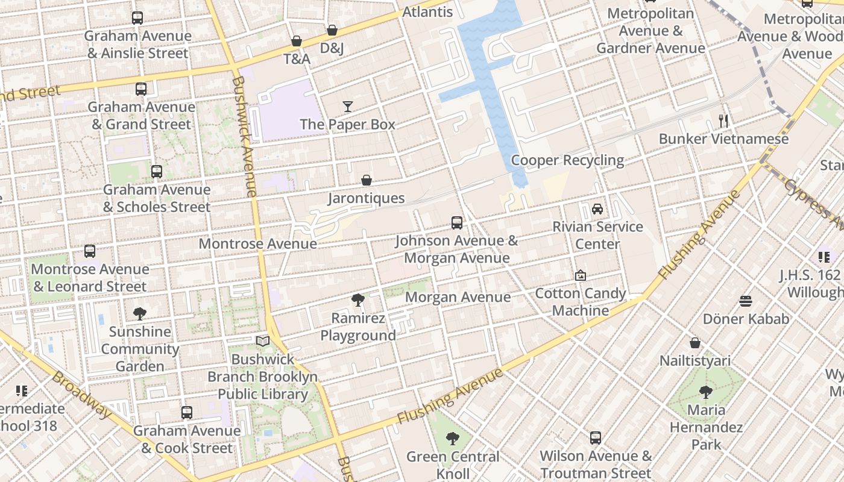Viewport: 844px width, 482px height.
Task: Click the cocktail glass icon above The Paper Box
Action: tap(348, 107)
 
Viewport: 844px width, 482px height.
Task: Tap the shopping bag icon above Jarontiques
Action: tap(366, 180)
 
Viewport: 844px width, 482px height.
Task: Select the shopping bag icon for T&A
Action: tap(296, 41)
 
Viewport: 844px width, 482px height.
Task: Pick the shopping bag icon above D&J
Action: tap(332, 30)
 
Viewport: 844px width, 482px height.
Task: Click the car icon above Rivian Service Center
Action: tap(597, 209)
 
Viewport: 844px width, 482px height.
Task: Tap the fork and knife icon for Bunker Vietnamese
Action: tap(723, 121)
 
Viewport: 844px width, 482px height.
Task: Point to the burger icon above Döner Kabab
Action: tap(746, 301)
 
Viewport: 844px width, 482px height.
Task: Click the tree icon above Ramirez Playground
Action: tap(357, 299)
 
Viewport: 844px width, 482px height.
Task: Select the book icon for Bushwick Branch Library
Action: tap(262, 342)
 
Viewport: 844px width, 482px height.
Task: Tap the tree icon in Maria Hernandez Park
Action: tap(706, 392)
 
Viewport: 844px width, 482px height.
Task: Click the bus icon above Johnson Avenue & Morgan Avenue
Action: tap(456, 223)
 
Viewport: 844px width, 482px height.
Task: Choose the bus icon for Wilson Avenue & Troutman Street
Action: tap(596, 438)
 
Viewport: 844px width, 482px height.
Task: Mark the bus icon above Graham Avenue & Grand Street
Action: tap(141, 89)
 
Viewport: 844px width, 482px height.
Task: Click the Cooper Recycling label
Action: tap(567, 160)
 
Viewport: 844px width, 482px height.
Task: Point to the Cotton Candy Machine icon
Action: tap(580, 275)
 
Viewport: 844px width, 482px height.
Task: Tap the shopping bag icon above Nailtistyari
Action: tap(694, 343)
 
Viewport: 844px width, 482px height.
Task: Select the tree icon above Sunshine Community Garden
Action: tap(140, 313)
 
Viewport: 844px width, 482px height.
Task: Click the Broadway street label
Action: tap(83, 395)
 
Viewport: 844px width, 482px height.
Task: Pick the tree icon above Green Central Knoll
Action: tap(452, 439)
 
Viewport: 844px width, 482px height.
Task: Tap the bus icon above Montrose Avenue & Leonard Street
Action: tap(90, 251)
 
